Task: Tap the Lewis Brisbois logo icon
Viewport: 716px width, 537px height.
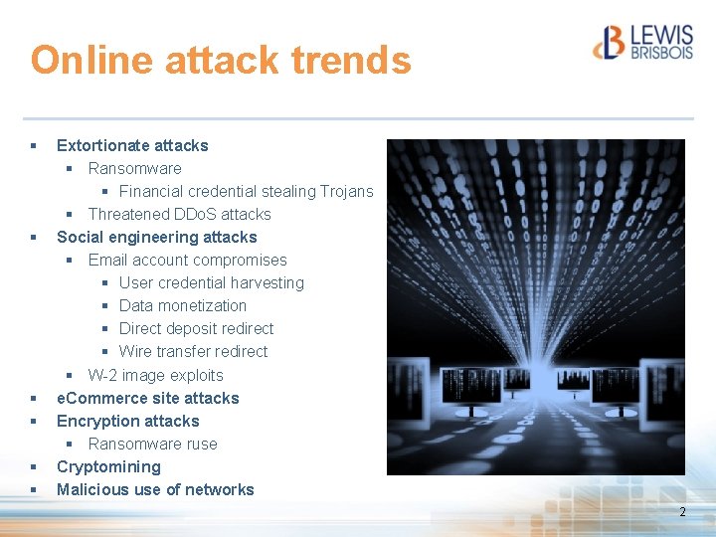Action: pos(610,42)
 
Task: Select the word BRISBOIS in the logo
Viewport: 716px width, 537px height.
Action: pos(661,52)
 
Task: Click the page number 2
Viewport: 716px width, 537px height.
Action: pos(682,511)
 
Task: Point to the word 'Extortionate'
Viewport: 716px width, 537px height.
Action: pos(102,145)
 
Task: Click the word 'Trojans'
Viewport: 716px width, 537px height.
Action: pos(347,191)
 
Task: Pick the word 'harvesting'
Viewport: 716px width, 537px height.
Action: pos(266,282)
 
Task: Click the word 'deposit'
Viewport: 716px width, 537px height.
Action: pos(194,328)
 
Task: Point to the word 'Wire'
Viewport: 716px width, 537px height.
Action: pos(135,351)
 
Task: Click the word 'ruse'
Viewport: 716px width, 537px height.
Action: pos(201,444)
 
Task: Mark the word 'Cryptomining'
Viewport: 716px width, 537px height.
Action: pos(108,466)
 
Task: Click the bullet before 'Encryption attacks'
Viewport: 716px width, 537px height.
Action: pos(34,422)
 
